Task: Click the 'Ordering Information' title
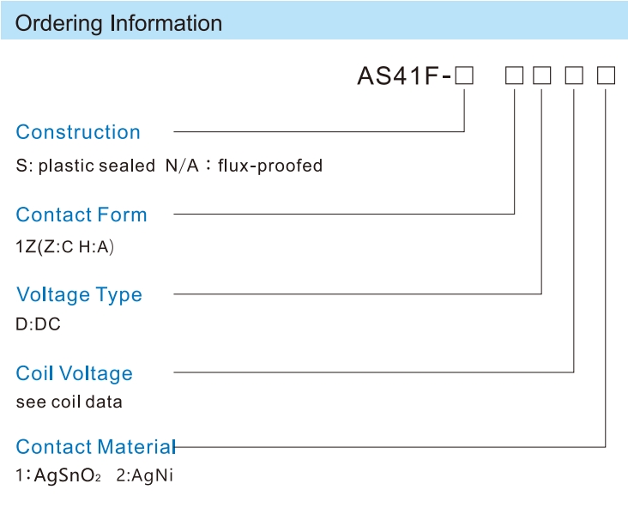coord(118,23)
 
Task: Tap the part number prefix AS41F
coord(398,76)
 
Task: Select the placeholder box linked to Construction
coord(464,76)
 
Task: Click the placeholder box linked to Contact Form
coord(514,76)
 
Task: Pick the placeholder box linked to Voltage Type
coord(542,76)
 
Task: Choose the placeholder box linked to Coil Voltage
coord(574,76)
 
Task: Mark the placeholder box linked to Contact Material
coord(606,76)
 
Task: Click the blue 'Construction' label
coord(78,132)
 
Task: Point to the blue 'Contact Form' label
coord(82,215)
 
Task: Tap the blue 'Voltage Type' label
coord(79,294)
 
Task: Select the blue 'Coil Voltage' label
coord(74,373)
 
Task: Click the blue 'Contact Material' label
coord(96,447)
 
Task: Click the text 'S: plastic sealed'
coord(85,166)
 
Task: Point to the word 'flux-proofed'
coord(270,166)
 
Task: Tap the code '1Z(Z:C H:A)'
coord(65,246)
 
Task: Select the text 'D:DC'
coord(38,324)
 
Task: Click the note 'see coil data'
coord(69,402)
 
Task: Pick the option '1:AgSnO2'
coord(58,475)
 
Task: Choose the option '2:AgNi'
coord(145,475)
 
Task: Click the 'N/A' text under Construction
coord(182,166)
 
